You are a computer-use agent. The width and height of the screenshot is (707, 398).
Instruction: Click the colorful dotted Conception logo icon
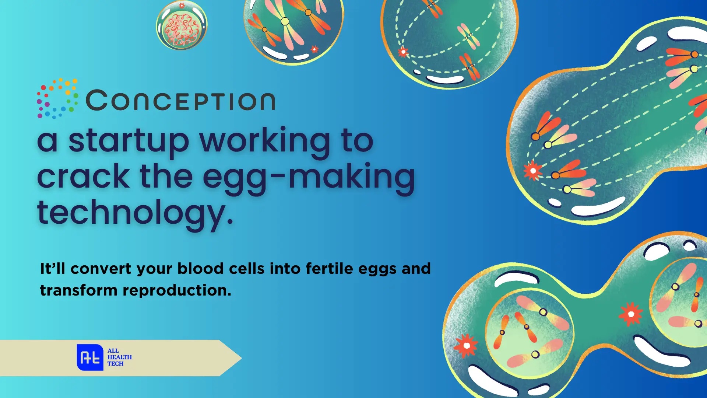tap(57, 98)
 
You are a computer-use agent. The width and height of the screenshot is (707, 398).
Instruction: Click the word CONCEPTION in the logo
tap(180, 100)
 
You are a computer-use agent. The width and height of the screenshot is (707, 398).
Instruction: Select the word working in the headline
tap(265, 141)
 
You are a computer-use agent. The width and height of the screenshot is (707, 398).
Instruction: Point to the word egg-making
tap(309, 177)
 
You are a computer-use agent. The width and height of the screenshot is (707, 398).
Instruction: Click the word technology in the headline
tap(135, 213)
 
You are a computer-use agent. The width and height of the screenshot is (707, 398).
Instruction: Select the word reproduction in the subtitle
tap(177, 291)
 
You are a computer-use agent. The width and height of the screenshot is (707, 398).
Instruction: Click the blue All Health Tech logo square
tap(90, 357)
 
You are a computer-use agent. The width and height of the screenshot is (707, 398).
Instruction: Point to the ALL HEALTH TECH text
tap(119, 357)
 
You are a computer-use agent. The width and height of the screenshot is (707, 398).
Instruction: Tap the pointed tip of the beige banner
tap(242, 358)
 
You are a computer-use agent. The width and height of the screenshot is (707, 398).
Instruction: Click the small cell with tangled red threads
tap(182, 25)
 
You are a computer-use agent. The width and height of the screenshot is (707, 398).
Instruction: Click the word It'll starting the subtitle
tap(53, 268)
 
